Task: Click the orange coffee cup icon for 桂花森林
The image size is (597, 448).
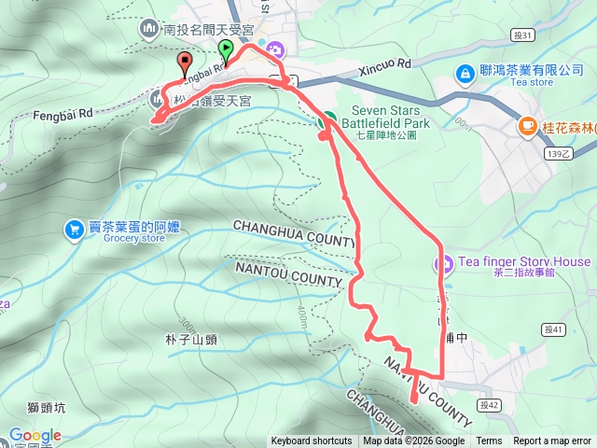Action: click(x=528, y=125)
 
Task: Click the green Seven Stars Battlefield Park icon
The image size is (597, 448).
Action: click(x=326, y=119)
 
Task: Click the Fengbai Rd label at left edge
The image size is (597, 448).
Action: click(x=34, y=114)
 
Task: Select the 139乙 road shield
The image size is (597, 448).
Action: click(x=557, y=154)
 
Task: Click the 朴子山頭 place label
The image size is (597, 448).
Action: click(x=190, y=340)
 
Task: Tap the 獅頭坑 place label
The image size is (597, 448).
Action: click(x=48, y=407)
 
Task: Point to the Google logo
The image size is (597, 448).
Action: click(x=35, y=435)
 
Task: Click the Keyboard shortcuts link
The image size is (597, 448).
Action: click(x=312, y=441)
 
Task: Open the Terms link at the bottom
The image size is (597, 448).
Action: click(x=489, y=441)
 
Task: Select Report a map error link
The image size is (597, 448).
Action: click(x=552, y=441)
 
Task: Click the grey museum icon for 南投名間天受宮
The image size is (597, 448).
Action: click(x=150, y=30)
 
